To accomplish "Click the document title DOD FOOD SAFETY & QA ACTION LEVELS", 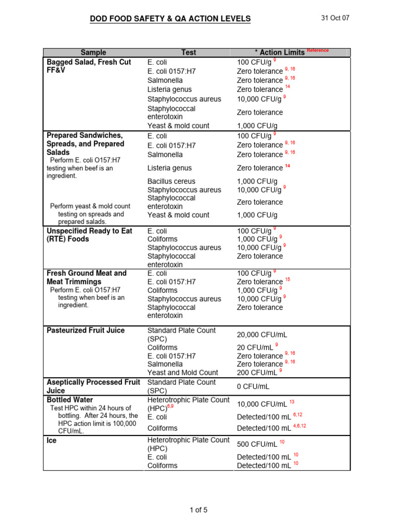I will pos(170,19).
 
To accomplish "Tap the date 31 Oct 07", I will pos(335,18).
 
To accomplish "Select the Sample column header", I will pos(93,52).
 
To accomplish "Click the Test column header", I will pos(189,52).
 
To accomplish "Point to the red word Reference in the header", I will pos(317,50).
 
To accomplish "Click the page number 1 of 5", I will pos(198,510).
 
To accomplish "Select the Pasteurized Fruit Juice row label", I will pos(85,330).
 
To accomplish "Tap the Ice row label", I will pos(52,441).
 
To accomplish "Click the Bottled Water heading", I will pos(70,400).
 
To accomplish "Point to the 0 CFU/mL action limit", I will pos(253,386).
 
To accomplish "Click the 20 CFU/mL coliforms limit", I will pos(253,348).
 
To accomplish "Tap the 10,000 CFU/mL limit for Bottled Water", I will pos(262,404).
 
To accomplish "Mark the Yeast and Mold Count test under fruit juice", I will pos(182,372).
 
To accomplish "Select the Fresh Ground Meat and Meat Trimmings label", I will pos(86,277).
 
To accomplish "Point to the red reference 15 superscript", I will pos(288,279).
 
